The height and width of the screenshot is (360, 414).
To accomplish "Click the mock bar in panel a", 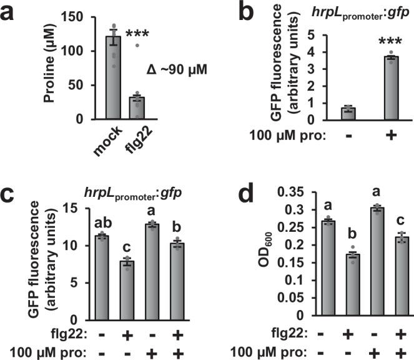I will point(113,77).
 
